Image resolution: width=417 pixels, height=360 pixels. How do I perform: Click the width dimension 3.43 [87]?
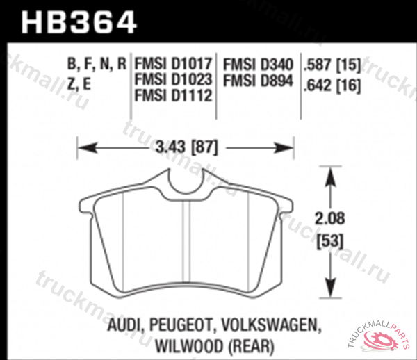tap(186, 147)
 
